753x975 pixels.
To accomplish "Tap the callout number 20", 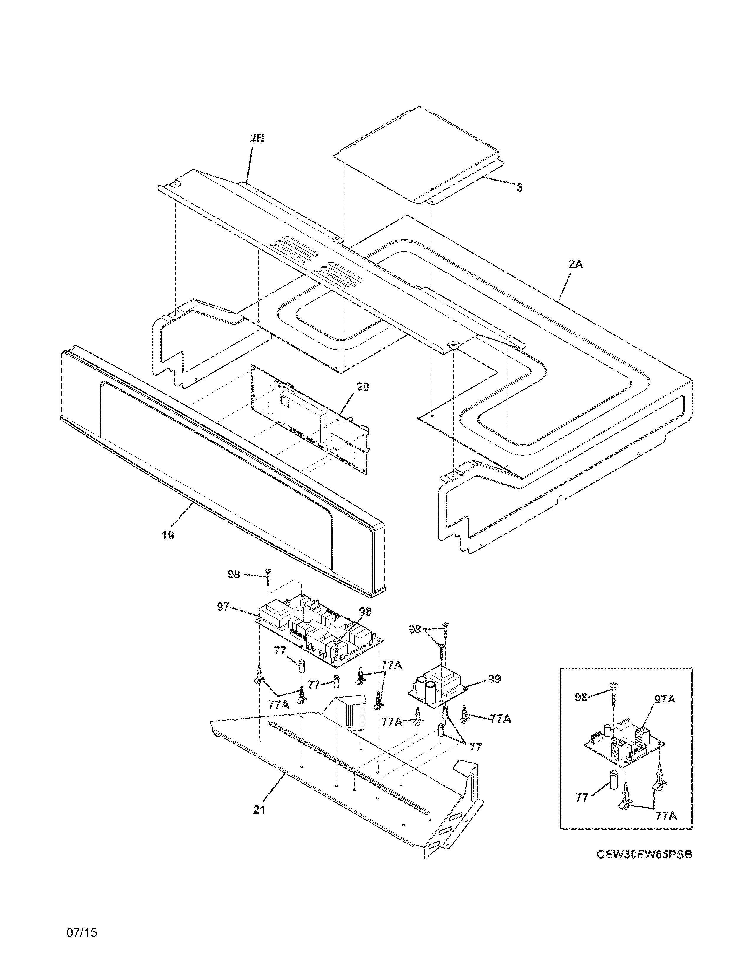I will pyautogui.click(x=362, y=387).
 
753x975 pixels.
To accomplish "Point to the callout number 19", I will pyautogui.click(x=168, y=535).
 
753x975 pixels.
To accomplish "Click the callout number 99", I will pyautogui.click(x=494, y=679).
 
